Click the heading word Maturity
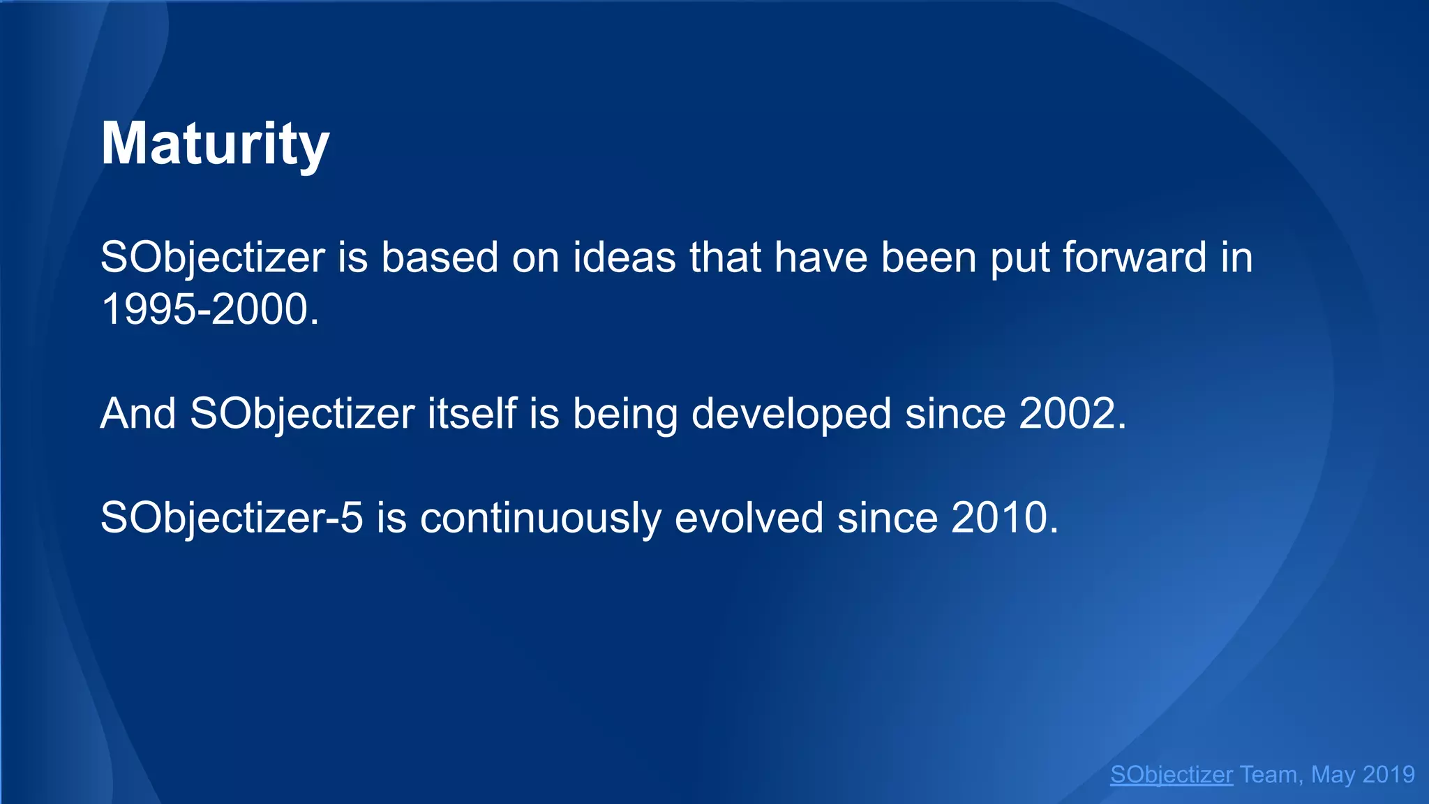point(215,144)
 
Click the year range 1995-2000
point(209,310)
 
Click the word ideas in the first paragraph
point(624,258)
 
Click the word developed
point(791,414)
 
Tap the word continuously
point(540,518)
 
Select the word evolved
point(749,518)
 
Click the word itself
point(472,414)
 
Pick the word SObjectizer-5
point(232,518)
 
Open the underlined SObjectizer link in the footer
point(1171,775)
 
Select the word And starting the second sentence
point(138,414)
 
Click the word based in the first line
point(439,258)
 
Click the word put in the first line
point(1019,258)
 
